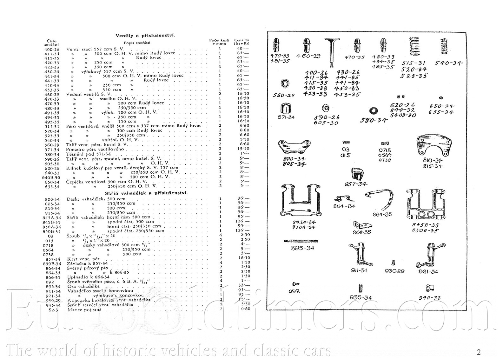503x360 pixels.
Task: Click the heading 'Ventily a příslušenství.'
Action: tap(145, 36)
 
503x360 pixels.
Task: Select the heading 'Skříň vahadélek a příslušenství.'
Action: tap(146, 193)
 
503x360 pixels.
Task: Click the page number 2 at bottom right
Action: tap(479, 352)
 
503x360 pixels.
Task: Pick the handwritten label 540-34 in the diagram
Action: tap(449, 63)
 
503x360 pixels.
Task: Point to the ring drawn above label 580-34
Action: tap(374, 111)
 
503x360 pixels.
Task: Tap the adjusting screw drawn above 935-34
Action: tap(361, 288)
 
